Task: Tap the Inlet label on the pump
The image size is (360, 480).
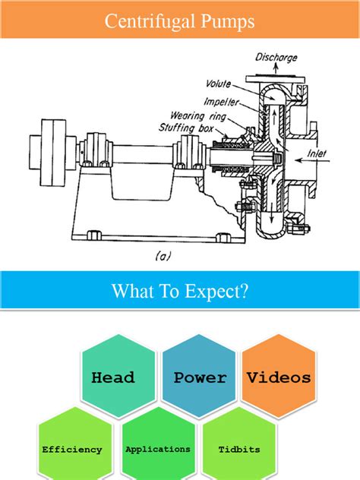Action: point(317,153)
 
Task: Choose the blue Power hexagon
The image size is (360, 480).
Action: point(199,377)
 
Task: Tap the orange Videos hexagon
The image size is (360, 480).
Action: point(277,377)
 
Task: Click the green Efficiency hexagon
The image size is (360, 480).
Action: point(72,449)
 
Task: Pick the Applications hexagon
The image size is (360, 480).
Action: point(158,449)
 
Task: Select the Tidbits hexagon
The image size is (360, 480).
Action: point(240,449)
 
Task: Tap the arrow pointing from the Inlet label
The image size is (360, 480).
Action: point(298,160)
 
